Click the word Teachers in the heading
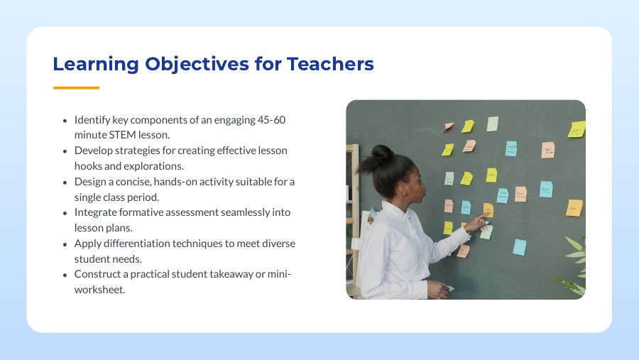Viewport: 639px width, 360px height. [330, 64]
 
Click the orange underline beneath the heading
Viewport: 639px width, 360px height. [76, 88]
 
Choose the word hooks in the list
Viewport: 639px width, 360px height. [89, 166]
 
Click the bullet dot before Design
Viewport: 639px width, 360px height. [65, 182]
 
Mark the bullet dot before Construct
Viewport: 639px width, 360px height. [65, 274]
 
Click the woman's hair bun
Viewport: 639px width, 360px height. [383, 152]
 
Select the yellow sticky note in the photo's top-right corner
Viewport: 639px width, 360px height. [577, 129]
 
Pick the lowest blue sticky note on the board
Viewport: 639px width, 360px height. [520, 246]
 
